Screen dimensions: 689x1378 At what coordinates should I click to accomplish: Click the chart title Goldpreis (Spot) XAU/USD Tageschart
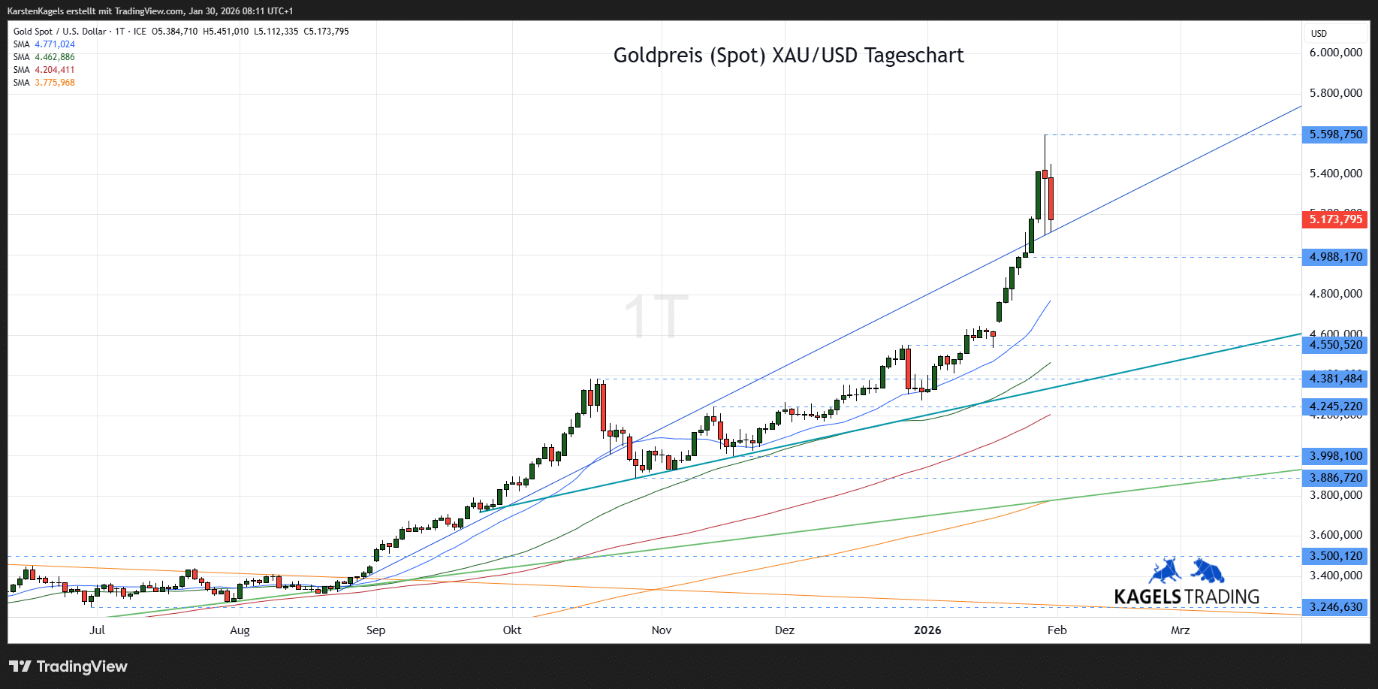(x=789, y=56)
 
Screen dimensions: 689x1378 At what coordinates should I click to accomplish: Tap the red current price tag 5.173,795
(x=1335, y=219)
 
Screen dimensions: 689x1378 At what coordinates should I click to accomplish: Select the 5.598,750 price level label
(x=1335, y=134)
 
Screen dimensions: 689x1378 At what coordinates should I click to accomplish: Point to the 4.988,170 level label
(x=1335, y=257)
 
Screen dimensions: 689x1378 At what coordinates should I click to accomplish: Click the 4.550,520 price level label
(x=1335, y=345)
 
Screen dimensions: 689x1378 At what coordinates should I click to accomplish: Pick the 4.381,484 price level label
(x=1335, y=379)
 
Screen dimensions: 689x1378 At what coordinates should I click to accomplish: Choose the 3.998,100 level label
(x=1335, y=456)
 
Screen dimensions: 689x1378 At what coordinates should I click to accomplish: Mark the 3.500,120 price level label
(x=1335, y=556)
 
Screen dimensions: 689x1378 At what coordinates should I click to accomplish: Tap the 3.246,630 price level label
(x=1335, y=607)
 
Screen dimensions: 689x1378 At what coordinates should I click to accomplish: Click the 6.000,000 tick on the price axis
(x=1335, y=53)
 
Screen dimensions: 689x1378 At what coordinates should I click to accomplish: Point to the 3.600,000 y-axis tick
(x=1335, y=535)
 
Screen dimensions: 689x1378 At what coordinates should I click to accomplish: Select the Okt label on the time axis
(x=512, y=630)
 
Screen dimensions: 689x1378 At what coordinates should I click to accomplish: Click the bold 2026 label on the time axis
(x=927, y=630)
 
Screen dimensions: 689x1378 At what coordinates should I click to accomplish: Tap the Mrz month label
(x=1180, y=630)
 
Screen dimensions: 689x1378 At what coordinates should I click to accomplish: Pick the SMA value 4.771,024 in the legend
(x=55, y=44)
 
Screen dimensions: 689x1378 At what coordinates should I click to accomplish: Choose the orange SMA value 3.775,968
(x=55, y=83)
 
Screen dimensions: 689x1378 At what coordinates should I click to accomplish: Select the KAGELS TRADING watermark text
(x=1187, y=597)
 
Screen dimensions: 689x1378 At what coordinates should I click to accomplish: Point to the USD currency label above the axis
(x=1319, y=34)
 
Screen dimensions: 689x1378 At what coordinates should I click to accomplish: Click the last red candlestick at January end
(x=1051, y=198)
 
